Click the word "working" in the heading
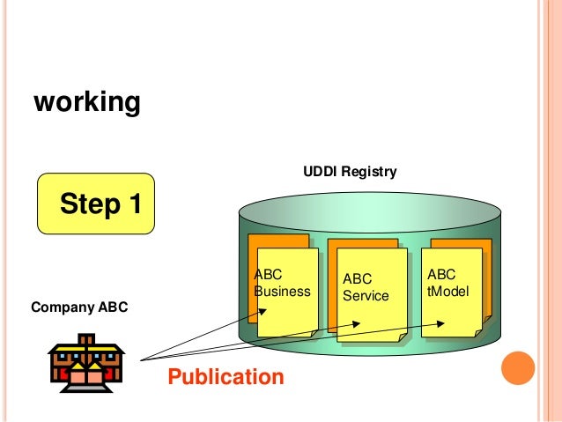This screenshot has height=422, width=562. (x=86, y=103)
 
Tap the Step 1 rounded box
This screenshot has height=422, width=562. (x=96, y=204)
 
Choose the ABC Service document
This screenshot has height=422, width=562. (x=370, y=293)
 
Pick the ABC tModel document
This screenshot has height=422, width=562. (x=454, y=289)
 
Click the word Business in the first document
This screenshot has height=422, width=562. (x=282, y=292)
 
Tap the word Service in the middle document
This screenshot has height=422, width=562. (x=366, y=296)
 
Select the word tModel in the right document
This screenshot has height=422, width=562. (x=447, y=290)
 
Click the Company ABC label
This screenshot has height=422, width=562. (x=79, y=307)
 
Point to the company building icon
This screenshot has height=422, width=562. (x=86, y=360)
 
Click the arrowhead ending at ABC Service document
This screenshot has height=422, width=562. (x=355, y=323)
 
